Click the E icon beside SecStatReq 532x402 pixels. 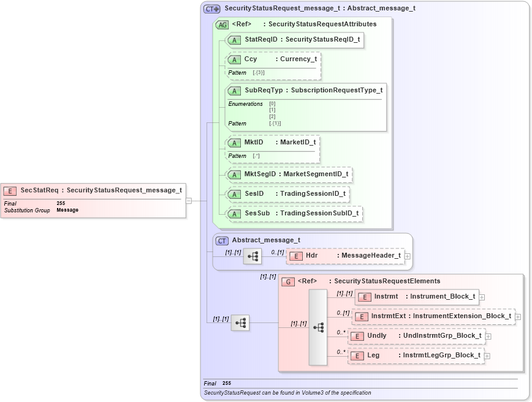tap(10, 190)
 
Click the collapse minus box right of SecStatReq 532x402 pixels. tap(189, 200)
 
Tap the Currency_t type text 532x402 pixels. tap(298, 59)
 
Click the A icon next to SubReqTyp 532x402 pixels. tap(234, 90)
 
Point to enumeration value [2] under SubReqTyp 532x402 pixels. tap(272, 116)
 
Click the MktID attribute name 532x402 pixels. tap(253, 142)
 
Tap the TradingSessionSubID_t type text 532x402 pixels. tap(319, 214)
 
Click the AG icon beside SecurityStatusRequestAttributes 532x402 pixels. tap(222, 24)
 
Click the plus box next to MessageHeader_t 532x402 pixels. tap(408, 256)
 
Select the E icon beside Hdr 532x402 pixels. tap(295, 256)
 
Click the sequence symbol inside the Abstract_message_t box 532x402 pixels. tap(252, 256)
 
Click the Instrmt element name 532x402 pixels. tap(386, 296)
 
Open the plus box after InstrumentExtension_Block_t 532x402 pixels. tap(518, 316)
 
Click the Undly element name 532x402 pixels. tap(376, 335)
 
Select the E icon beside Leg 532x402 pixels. tap(357, 355)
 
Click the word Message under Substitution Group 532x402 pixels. tap(67, 210)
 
